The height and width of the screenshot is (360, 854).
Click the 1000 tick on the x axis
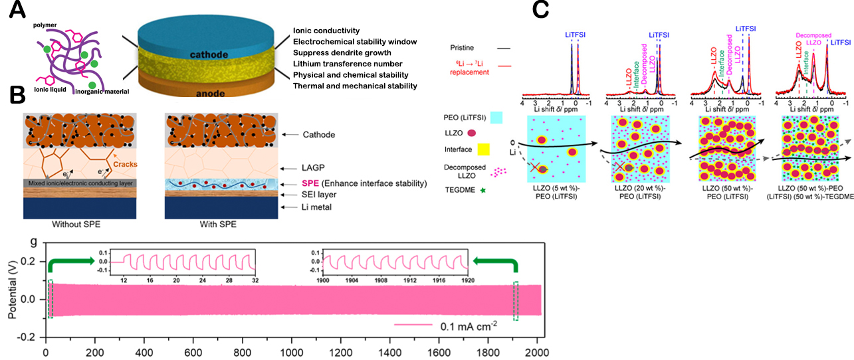[x=291, y=350]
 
